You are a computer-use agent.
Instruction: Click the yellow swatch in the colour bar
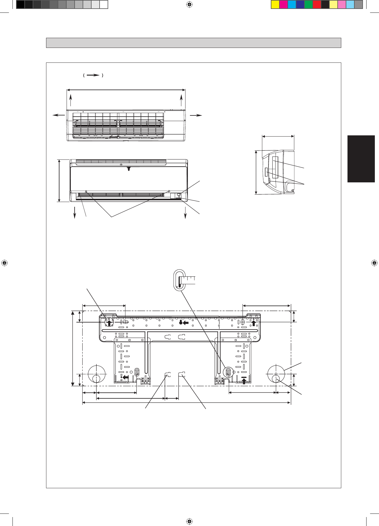275,5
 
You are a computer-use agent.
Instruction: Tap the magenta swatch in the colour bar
284,5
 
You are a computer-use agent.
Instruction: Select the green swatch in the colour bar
309,5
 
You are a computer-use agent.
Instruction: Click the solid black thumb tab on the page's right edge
361,159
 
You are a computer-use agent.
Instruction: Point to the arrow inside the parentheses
93,76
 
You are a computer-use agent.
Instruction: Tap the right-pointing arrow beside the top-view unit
196,115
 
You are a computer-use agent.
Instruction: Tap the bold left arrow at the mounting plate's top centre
186,323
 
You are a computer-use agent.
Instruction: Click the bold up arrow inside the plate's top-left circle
110,323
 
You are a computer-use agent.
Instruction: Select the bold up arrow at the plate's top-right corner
254,323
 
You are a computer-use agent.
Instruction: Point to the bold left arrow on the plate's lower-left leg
126,377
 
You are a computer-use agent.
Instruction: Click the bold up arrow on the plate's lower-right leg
244,381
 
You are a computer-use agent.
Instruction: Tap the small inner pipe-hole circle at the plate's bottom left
96,378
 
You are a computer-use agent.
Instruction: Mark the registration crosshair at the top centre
189,4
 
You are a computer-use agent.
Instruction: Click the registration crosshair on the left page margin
4,263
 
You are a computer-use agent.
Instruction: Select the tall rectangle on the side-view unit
275,167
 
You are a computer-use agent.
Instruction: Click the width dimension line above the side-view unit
278,136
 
